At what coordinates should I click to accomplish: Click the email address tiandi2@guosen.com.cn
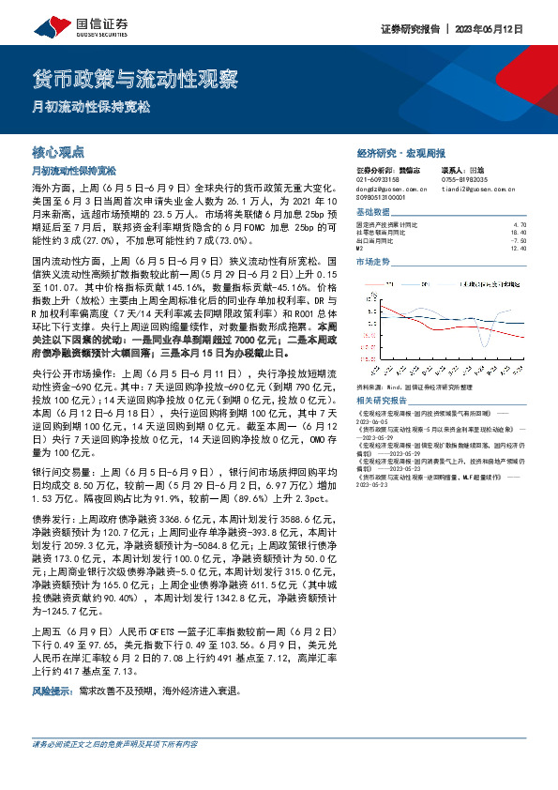tap(476, 189)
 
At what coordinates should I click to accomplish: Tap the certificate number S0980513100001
tap(384, 198)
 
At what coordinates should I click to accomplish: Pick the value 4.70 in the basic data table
tap(521, 226)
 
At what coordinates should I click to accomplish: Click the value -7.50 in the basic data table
tap(521, 241)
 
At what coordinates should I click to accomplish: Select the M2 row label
tap(360, 249)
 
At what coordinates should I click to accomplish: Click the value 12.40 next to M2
tap(521, 249)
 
